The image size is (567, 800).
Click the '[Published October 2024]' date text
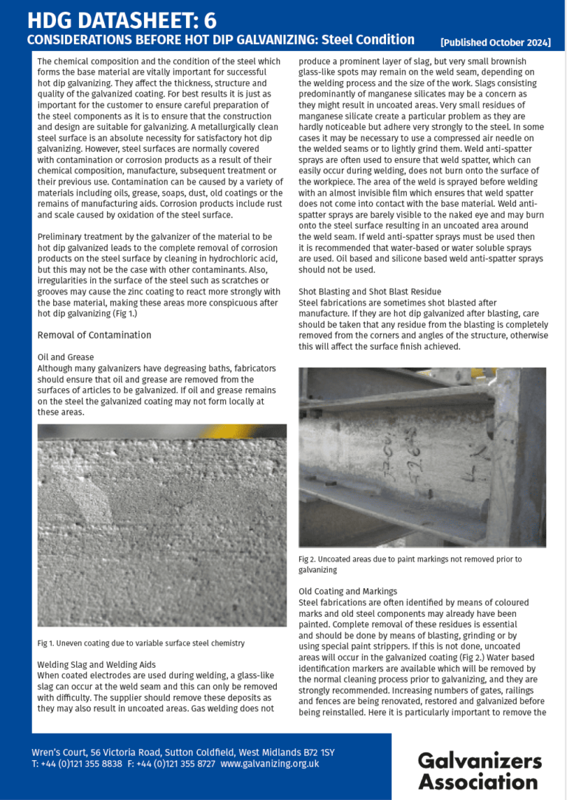[x=495, y=43]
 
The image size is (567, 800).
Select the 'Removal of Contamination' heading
[x=94, y=335]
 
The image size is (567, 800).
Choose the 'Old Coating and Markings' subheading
[x=348, y=591]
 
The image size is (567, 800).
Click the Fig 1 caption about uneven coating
[x=140, y=643]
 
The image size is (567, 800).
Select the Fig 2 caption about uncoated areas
[x=410, y=565]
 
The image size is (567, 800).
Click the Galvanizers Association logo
[x=479, y=770]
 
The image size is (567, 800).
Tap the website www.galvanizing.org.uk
[x=269, y=764]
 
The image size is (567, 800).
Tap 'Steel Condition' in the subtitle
[x=368, y=40]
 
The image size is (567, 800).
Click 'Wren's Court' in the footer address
[x=58, y=752]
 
